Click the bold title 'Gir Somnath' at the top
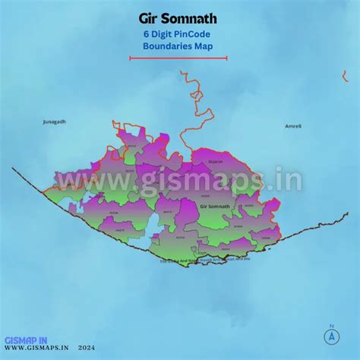tap(178, 17)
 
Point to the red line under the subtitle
tap(178, 58)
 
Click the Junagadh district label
tap(55, 122)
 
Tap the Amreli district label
tap(293, 125)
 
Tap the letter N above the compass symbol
tap(332, 327)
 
